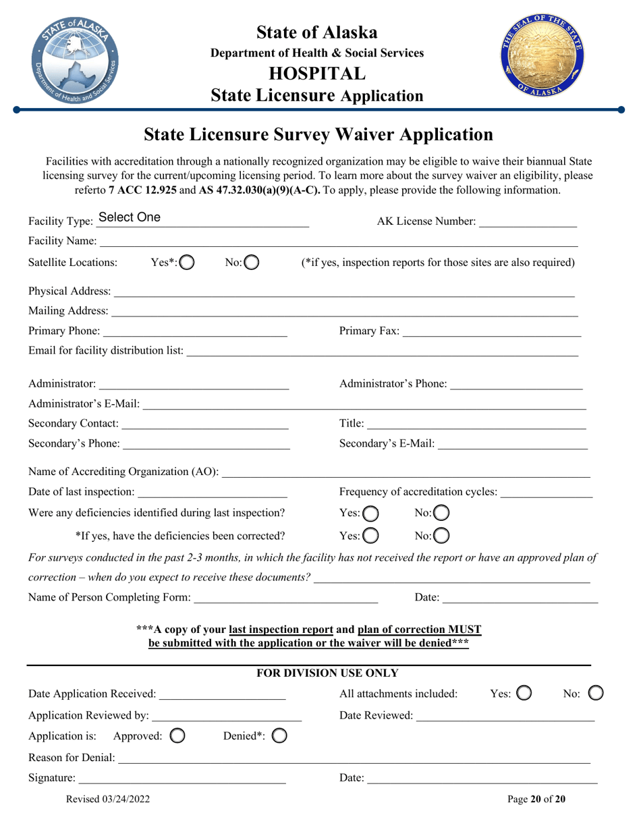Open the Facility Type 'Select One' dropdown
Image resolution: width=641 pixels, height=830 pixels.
pos(202,217)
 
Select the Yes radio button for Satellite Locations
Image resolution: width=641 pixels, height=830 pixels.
pos(187,262)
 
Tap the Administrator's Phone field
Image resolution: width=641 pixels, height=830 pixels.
pos(515,384)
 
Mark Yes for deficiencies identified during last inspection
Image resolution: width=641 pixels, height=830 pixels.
pos(371,514)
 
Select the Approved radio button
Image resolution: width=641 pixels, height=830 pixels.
pos(177,735)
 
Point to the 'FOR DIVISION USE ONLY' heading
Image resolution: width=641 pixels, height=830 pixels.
pos(329,673)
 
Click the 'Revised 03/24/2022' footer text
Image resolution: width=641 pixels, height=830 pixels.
pos(108,800)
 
